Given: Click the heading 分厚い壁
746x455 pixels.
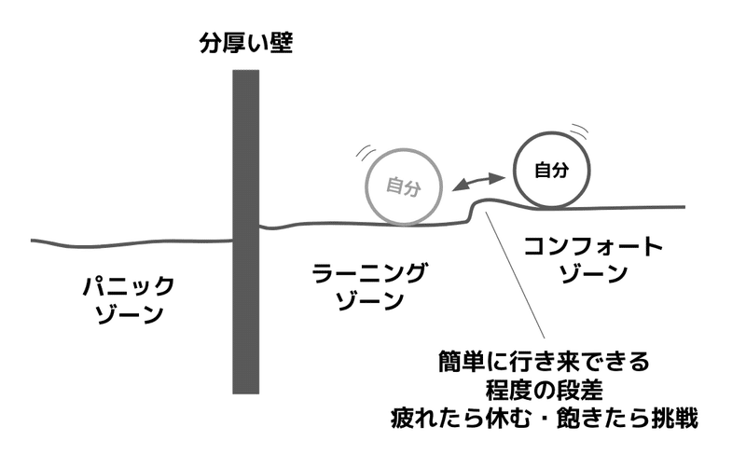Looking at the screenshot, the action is pyautogui.click(x=245, y=43).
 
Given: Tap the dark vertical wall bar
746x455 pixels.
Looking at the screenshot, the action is pyautogui.click(x=245, y=232).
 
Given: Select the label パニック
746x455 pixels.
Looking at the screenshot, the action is pyautogui.click(x=129, y=286).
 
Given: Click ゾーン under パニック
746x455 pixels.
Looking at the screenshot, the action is pyautogui.click(x=130, y=314).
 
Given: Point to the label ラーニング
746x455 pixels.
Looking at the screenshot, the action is pyautogui.click(x=369, y=272).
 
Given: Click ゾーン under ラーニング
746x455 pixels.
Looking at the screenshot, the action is pyautogui.click(x=370, y=300).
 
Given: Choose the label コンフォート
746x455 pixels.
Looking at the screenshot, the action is pyautogui.click(x=593, y=246).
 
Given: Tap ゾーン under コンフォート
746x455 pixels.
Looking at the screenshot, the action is pyautogui.click(x=593, y=274).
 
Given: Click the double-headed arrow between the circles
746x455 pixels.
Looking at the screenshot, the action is pyautogui.click(x=477, y=183).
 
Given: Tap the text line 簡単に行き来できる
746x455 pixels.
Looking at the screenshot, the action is pyautogui.click(x=544, y=362).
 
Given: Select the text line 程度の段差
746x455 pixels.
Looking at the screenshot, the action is pyautogui.click(x=545, y=391).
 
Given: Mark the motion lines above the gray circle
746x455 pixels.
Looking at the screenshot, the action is pyautogui.click(x=365, y=152).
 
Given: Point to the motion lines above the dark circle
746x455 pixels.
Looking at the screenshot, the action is pyautogui.click(x=579, y=130).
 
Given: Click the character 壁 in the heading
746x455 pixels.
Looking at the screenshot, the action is pyautogui.click(x=282, y=43).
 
